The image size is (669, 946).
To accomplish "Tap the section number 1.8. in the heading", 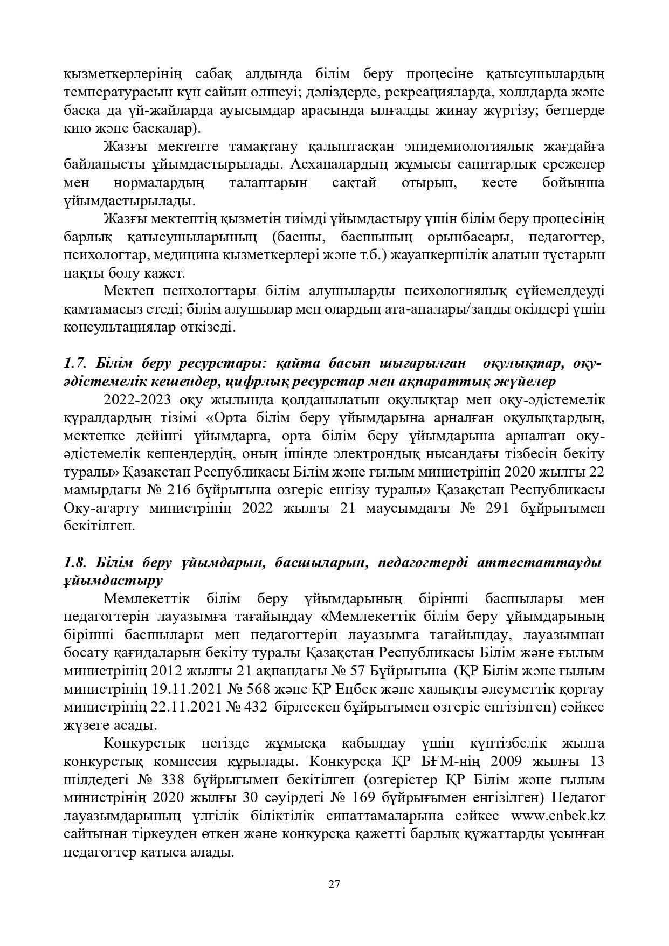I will (x=75, y=563).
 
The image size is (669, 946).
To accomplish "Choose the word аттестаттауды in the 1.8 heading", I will (x=544, y=563).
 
